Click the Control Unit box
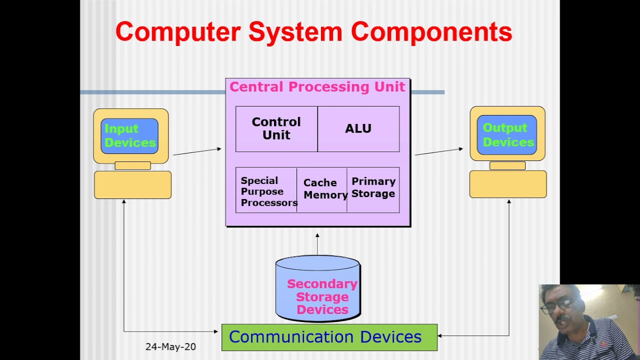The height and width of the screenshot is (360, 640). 276,128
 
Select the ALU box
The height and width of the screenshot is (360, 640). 358,128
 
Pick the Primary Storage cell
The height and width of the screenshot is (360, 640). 373,188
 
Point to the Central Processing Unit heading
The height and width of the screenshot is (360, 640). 317,87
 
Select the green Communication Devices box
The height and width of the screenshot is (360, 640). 329,337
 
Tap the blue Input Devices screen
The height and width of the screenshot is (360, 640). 129,135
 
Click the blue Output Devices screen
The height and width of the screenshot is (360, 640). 506,135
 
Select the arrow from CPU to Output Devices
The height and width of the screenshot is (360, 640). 438,151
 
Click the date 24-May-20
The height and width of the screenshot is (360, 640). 170,346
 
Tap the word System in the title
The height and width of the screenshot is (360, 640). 295,32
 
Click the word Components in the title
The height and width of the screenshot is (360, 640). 431,32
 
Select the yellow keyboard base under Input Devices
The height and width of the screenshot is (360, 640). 132,185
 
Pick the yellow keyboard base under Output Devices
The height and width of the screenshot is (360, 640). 507,184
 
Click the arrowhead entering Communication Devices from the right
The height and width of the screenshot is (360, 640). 440,336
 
